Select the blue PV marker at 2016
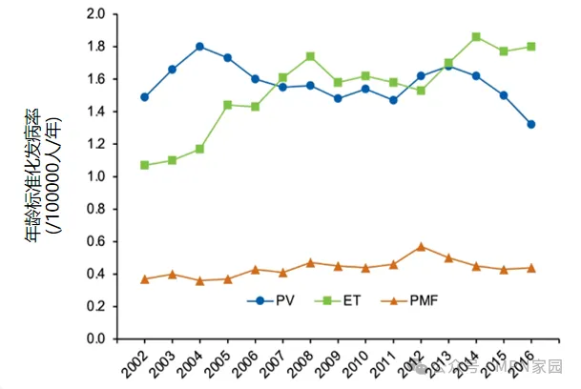click(531, 124)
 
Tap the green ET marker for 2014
click(476, 36)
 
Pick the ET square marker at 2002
click(145, 165)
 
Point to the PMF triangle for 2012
click(421, 246)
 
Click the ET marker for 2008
click(310, 56)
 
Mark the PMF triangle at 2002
click(145, 278)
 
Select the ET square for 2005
click(228, 105)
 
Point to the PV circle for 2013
click(448, 66)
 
